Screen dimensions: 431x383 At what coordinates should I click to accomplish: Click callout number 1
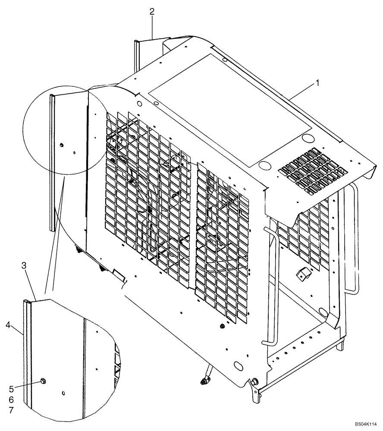point(318,83)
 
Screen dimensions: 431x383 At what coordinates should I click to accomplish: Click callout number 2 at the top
point(152,12)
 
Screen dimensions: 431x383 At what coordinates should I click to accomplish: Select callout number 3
point(25,265)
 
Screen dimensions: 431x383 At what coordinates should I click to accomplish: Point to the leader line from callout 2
point(152,28)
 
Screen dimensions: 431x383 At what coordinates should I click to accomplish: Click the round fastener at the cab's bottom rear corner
point(253,381)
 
